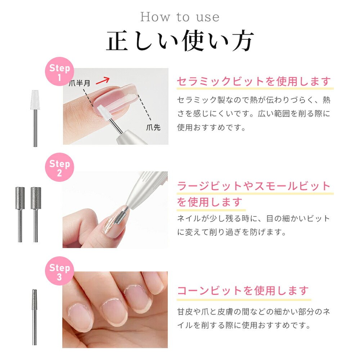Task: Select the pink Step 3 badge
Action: point(59,272)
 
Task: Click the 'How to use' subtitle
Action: point(180,17)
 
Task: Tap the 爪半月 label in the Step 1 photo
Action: point(80,84)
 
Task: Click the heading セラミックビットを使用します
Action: point(253,82)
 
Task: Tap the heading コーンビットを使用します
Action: point(243,290)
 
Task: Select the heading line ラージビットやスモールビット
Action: point(253,186)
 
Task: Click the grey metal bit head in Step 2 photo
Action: point(120,217)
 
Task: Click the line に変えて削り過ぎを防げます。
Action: point(232,232)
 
